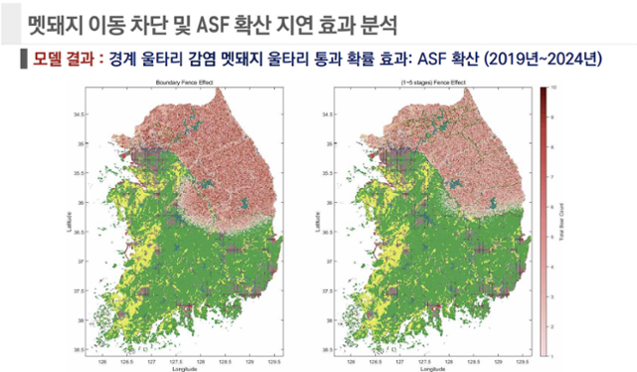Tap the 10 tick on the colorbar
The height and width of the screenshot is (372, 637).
553,89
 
